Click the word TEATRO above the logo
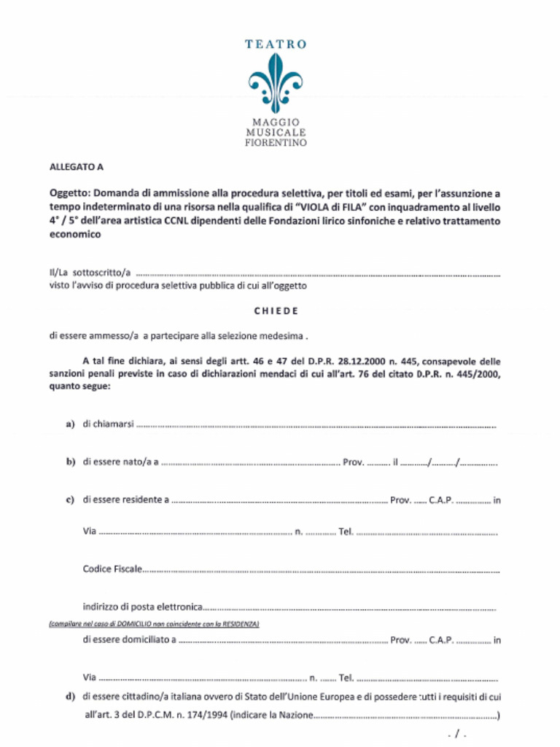pos(275,44)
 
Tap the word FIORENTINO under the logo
pos(275,143)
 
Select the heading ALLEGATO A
pos(76,167)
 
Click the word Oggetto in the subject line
pos(69,194)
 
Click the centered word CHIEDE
pos(276,311)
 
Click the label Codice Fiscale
pos(112,568)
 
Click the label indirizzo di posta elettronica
pos(141,606)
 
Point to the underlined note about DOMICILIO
pos(153,624)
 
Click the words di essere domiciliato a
pos(129,640)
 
